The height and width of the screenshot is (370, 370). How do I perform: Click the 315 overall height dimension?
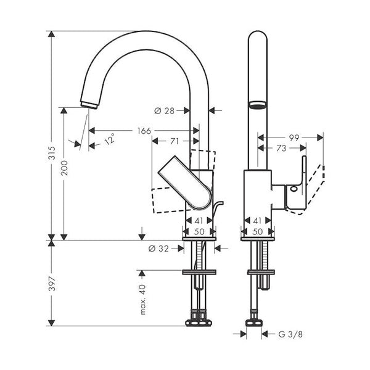pyautogui.click(x=52, y=153)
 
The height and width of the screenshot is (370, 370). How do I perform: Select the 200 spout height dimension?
pyautogui.click(x=64, y=168)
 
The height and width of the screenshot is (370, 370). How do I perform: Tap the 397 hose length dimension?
pyautogui.click(x=52, y=284)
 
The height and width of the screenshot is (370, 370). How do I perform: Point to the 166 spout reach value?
pyautogui.click(x=144, y=131)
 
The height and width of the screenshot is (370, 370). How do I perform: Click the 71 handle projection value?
pyautogui.click(x=175, y=141)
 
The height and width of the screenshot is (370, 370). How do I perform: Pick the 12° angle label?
pyautogui.click(x=110, y=139)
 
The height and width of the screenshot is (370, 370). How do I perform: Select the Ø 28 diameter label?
pyautogui.click(x=164, y=110)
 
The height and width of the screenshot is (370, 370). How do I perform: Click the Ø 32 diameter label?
pyautogui.click(x=158, y=249)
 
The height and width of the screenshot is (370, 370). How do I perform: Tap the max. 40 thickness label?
pyautogui.click(x=143, y=300)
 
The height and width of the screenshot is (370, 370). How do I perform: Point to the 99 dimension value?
pyautogui.click(x=294, y=138)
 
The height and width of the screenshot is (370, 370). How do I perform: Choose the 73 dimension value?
pyautogui.click(x=281, y=148)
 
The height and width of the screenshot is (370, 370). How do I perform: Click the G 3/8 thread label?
pyautogui.click(x=290, y=334)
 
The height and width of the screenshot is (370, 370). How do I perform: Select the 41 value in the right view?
pyautogui.click(x=257, y=221)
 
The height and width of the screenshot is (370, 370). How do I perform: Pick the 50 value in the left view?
pyautogui.click(x=199, y=232)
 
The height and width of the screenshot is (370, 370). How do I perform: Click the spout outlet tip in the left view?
pyautogui.click(x=89, y=105)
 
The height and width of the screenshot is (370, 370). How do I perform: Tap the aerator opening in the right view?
pyautogui.click(x=257, y=105)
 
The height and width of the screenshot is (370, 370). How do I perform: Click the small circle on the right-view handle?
pyautogui.click(x=294, y=189)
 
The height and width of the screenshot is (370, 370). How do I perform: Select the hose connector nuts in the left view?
pyautogui.click(x=199, y=323)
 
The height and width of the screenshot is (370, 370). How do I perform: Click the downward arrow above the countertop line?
pyautogui.click(x=142, y=234)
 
